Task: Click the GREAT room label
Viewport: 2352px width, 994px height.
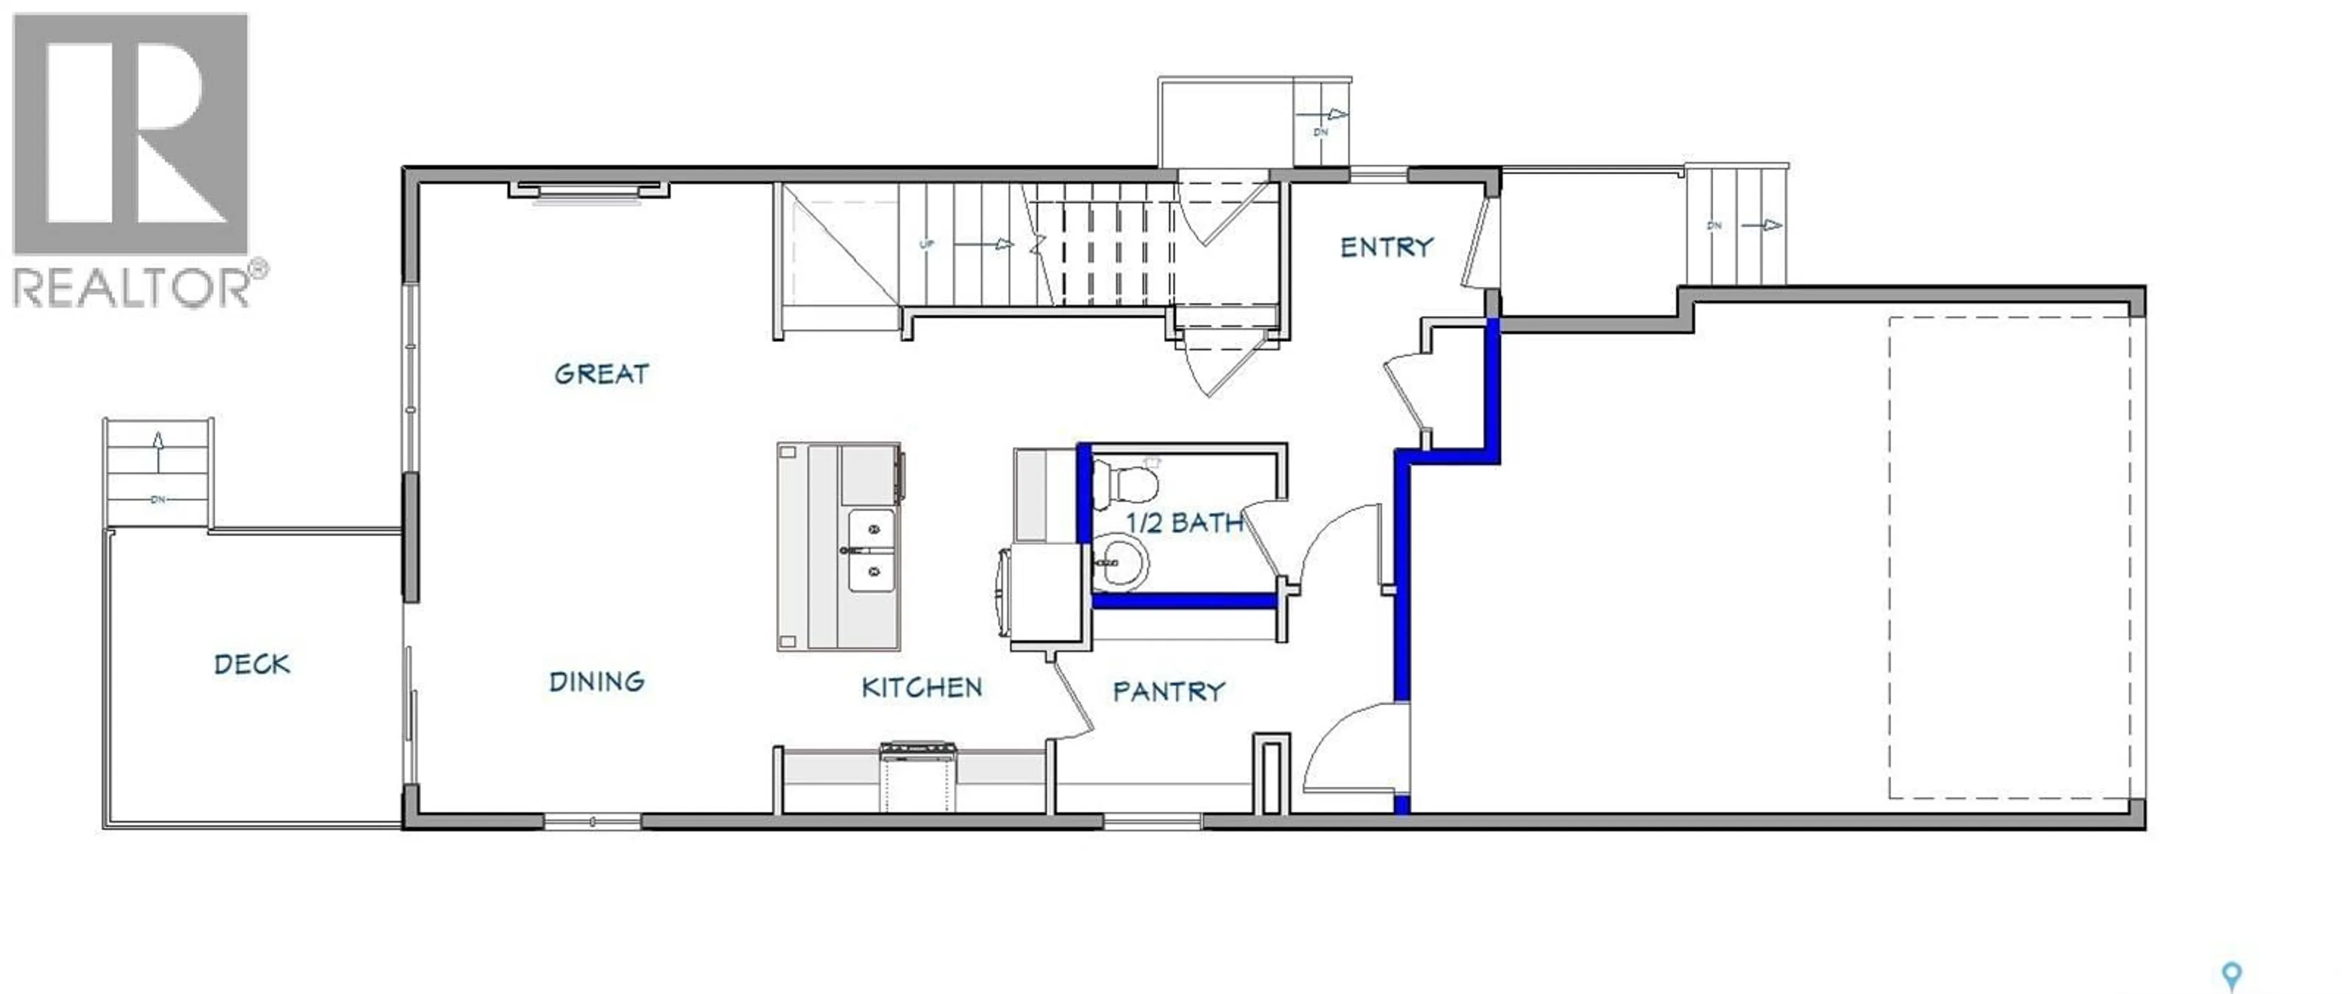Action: [x=601, y=374]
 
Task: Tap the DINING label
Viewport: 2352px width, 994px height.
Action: [x=596, y=681]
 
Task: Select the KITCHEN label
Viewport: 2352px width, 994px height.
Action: [x=921, y=687]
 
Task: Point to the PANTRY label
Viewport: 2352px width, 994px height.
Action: [x=1168, y=692]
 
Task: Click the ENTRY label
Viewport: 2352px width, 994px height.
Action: [x=1386, y=247]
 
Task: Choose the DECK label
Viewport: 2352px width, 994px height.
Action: [x=252, y=664]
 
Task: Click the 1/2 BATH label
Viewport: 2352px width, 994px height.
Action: [x=1184, y=523]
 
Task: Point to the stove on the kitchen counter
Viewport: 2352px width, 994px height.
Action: [x=918, y=775]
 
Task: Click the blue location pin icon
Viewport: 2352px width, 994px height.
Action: [x=2231, y=976]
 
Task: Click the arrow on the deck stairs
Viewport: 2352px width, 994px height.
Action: [x=158, y=450]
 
